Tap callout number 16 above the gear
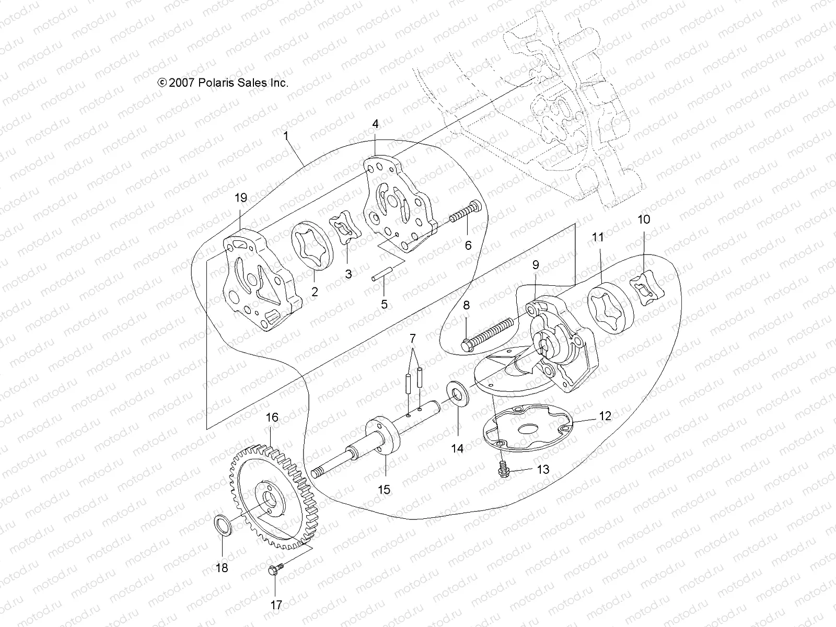(272, 417)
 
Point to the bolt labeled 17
(275, 571)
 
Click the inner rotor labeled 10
(648, 289)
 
